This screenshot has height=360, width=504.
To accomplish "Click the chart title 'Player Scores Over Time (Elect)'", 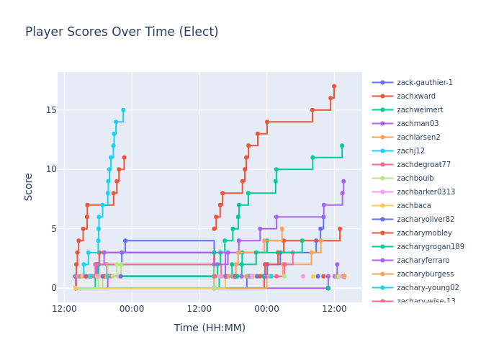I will pyautogui.click(x=122, y=32).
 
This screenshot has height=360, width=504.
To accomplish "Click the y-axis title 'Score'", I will pyautogui.click(x=29, y=186).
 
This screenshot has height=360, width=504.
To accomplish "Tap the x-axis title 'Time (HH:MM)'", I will pyautogui.click(x=210, y=328).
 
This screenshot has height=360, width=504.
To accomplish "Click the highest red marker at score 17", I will pyautogui.click(x=334, y=86).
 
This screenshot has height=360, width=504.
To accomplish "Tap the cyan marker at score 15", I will pyautogui.click(x=123, y=110).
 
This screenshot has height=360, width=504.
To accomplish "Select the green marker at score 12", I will pyautogui.click(x=342, y=145).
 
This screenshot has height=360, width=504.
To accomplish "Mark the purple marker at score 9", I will pyautogui.click(x=343, y=181).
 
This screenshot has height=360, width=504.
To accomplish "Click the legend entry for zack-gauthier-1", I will pyautogui.click(x=425, y=83).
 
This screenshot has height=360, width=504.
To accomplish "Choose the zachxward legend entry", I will pyautogui.click(x=415, y=96).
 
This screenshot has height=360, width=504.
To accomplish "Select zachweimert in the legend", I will pyautogui.click(x=420, y=110).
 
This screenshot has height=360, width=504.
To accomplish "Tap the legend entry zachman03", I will pyautogui.click(x=418, y=124).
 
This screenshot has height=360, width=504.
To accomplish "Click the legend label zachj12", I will pyautogui.click(x=411, y=151).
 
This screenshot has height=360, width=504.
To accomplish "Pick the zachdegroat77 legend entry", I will pyautogui.click(x=423, y=165).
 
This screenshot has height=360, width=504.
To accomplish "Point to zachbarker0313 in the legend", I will pyautogui.click(x=426, y=192).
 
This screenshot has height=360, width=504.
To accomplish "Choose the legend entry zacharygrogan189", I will pyautogui.click(x=430, y=247).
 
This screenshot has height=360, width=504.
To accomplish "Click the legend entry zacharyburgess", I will pyautogui.click(x=425, y=274).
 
